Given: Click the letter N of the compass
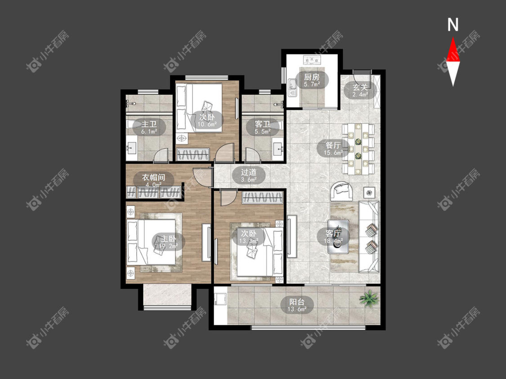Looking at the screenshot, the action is point(453,25).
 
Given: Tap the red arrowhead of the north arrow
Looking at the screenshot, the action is point(453,50).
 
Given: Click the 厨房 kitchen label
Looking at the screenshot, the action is point(312,77).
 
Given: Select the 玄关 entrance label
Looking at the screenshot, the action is point(360,87).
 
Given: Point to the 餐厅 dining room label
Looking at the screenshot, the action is point(333,145).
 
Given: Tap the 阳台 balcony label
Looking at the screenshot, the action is point(297,302).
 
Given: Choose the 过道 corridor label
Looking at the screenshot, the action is point(249,172).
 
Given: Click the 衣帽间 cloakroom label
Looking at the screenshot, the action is point(154,177).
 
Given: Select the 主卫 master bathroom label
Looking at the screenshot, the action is point(149,124).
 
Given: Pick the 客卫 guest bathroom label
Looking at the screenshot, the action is point(262,124).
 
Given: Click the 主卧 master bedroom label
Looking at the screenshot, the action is point(169,239).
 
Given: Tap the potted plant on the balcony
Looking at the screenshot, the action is point(368,299).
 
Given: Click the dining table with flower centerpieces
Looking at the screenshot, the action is point(358,149).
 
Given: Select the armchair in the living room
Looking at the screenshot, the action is point(342,191).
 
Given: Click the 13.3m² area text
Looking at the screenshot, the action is point(249,241).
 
